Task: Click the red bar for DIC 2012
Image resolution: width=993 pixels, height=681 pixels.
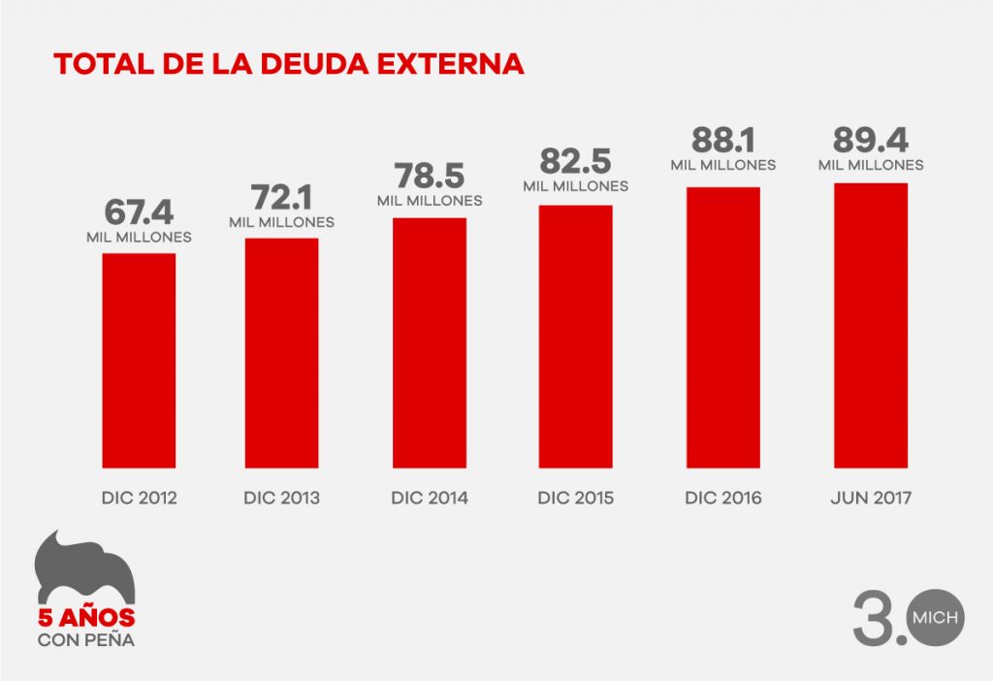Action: pos(139,360)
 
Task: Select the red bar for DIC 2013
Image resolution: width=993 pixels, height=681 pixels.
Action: pos(281,352)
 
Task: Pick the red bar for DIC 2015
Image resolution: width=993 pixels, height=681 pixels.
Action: pos(576,337)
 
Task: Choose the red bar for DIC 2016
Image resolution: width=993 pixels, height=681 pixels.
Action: pos(722,327)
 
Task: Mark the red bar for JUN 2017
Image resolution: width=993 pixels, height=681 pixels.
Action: pos(870,325)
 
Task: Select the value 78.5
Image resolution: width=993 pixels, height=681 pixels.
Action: pos(429,178)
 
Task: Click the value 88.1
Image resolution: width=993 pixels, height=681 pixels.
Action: pos(722,141)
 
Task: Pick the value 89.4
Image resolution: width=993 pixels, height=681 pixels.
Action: pos(870,141)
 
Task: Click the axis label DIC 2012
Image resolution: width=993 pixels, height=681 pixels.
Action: pos(139,499)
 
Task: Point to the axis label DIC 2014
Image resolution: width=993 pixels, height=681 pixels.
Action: pos(429,499)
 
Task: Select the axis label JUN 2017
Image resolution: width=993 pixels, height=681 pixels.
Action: pos(870,499)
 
